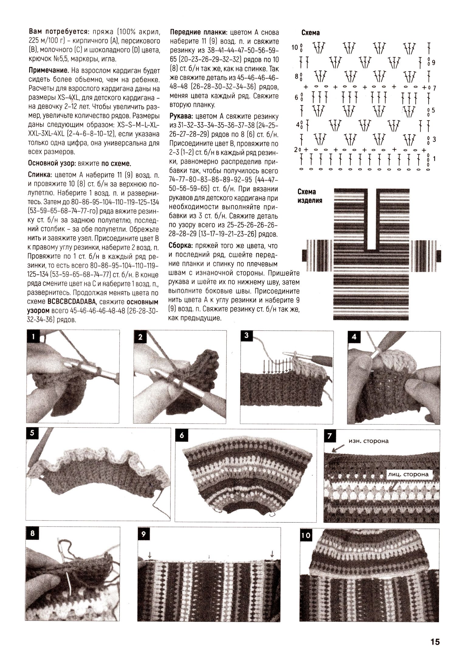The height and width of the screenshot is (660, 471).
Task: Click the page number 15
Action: pyautogui.click(x=435, y=641)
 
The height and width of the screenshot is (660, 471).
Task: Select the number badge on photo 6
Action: pyautogui.click(x=182, y=435)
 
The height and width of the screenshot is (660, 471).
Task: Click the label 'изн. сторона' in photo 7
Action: pyautogui.click(x=368, y=441)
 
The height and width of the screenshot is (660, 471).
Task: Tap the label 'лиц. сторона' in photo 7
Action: pyautogui.click(x=408, y=474)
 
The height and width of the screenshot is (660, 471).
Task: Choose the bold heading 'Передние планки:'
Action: pyautogui.click(x=199, y=32)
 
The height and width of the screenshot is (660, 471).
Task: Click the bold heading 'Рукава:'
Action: pyautogui.click(x=181, y=116)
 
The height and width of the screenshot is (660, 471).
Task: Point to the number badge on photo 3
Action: pyautogui.click(x=246, y=335)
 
